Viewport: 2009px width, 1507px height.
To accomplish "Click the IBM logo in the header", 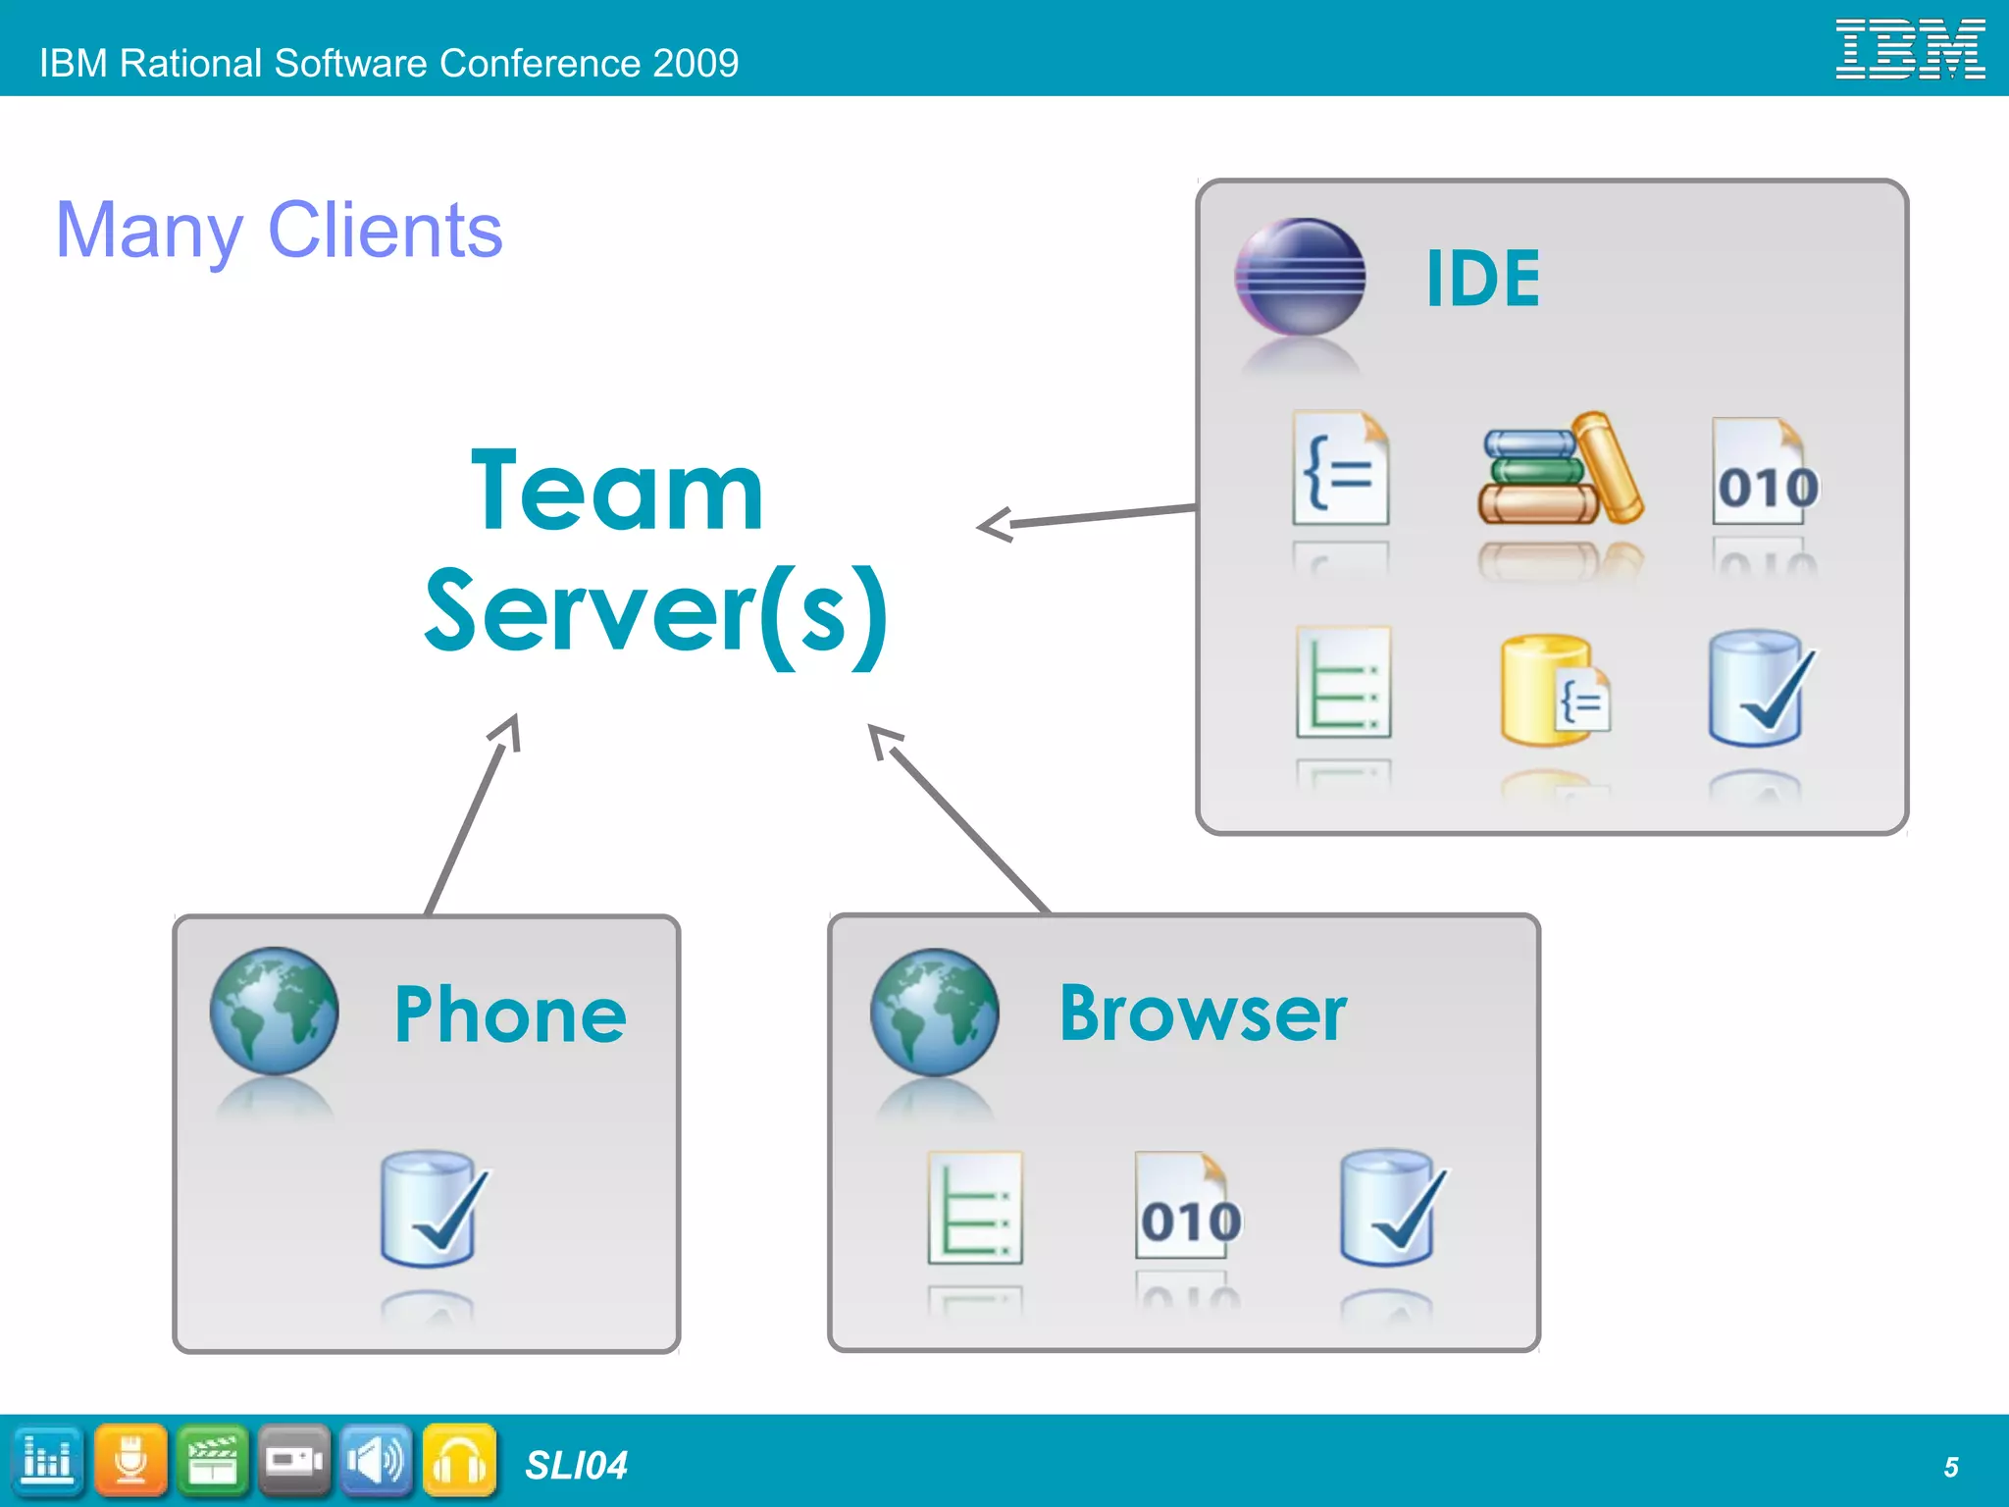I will click(x=1910, y=49).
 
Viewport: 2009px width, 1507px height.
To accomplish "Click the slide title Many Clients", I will click(x=280, y=230).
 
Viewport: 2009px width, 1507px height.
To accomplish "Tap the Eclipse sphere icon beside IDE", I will click(x=1300, y=277).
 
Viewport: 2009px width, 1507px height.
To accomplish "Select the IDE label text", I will click(x=1482, y=279).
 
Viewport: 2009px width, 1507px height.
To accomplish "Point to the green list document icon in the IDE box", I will click(x=1343, y=683).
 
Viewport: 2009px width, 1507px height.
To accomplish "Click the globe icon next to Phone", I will click(x=275, y=1011).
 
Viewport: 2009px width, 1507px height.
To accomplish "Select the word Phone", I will click(x=510, y=1014).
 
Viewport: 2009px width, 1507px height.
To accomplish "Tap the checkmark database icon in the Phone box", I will click(x=433, y=1209).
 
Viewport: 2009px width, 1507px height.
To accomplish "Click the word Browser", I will click(x=1203, y=1013).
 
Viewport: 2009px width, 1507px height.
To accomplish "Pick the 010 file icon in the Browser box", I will click(x=1187, y=1207).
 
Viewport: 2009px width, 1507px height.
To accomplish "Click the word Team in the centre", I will click(x=617, y=491).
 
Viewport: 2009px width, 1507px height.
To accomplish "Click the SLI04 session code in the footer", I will click(x=576, y=1466).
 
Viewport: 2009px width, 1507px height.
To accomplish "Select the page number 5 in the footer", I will click(x=1951, y=1467).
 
